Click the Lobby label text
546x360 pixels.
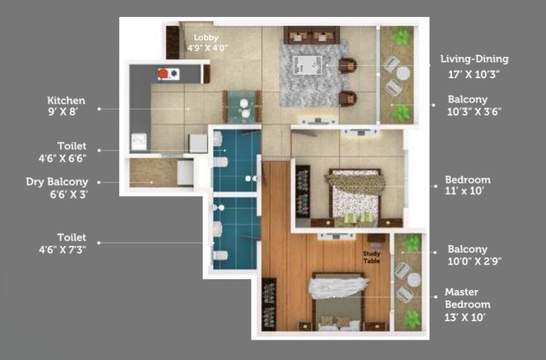206,37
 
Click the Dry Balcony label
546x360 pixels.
57,182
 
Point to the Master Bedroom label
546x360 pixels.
466,298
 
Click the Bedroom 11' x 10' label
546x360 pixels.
467,180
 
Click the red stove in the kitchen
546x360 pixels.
165,73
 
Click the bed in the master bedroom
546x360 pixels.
337,300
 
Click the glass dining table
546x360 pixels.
242,108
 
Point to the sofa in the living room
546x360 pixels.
311,34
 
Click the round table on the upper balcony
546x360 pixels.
403,73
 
